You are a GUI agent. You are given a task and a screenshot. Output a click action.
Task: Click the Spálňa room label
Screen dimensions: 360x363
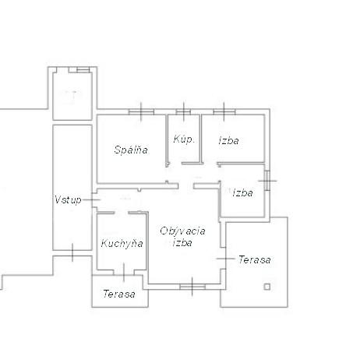(x=131, y=150)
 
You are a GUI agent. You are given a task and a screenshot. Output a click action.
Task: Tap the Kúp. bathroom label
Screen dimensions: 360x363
(x=184, y=139)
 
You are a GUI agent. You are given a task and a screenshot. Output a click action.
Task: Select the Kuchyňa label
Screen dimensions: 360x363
(x=122, y=244)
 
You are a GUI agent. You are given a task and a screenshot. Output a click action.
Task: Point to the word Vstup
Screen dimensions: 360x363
(x=68, y=200)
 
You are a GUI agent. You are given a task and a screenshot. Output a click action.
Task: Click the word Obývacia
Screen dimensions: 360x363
(x=182, y=231)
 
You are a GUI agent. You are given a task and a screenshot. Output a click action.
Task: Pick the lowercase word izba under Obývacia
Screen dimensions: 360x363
(x=182, y=242)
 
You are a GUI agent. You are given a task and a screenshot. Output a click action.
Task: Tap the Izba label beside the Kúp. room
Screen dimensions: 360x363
(x=229, y=140)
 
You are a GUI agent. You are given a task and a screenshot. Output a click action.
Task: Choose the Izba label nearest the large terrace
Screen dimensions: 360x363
(x=243, y=192)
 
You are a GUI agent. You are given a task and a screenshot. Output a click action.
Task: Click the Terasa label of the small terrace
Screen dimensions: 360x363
(x=119, y=294)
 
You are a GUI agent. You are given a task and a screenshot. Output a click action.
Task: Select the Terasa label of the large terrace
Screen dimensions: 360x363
(x=255, y=259)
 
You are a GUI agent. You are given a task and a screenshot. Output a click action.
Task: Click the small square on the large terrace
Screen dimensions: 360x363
(x=267, y=287)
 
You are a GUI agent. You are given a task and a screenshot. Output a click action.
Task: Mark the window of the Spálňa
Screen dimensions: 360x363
(x=141, y=112)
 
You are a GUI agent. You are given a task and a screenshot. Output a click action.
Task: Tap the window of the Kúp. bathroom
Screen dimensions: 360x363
(x=183, y=112)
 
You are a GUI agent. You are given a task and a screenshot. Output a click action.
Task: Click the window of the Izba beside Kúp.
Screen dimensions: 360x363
(x=224, y=112)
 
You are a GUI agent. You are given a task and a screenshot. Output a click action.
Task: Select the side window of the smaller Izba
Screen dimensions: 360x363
(x=267, y=181)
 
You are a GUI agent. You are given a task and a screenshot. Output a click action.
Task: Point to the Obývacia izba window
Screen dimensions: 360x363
(x=192, y=287)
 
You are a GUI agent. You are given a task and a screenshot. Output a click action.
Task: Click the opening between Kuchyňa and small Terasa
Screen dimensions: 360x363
(x=124, y=273)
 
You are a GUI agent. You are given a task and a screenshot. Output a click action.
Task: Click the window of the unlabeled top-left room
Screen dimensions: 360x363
(x=83, y=70)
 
